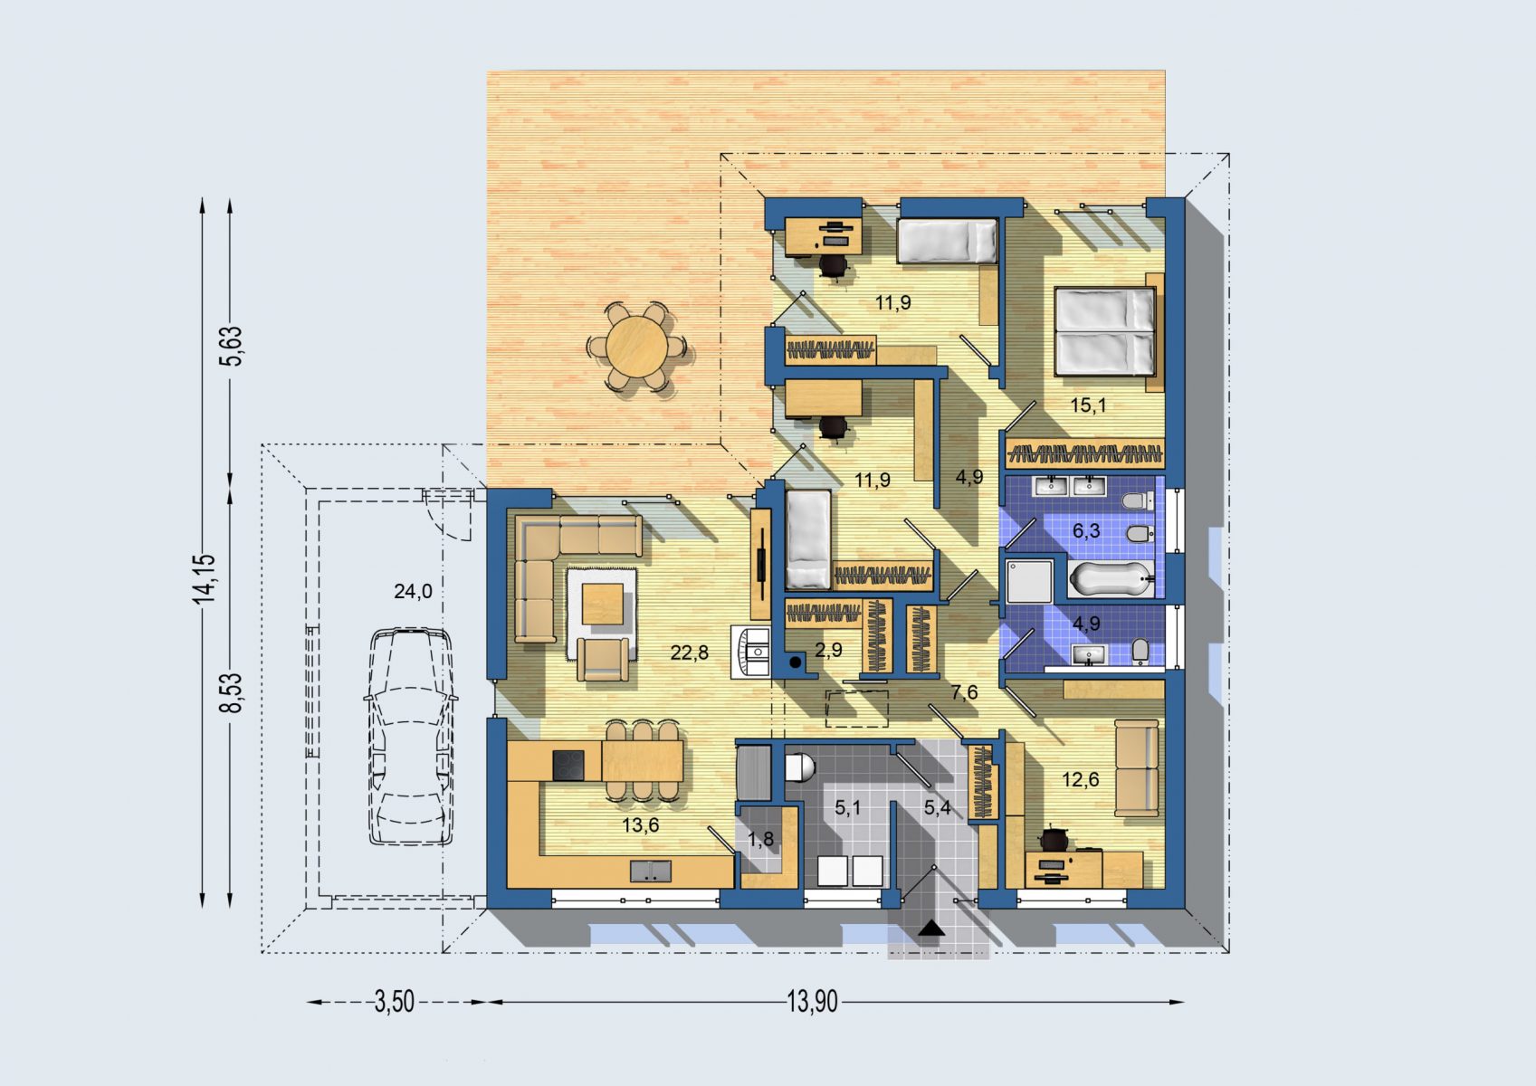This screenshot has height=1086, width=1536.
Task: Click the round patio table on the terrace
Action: [x=636, y=347]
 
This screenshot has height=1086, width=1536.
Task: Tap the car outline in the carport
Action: [x=410, y=737]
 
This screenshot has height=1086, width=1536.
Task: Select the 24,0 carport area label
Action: [x=413, y=591]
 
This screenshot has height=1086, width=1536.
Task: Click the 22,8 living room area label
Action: [x=689, y=653]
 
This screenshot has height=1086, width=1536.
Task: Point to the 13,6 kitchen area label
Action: [x=641, y=824]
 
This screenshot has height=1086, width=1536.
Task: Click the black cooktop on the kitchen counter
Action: [x=568, y=765]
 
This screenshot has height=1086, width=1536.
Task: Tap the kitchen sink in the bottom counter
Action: [x=651, y=872]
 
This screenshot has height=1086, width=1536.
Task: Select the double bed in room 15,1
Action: [x=1104, y=332]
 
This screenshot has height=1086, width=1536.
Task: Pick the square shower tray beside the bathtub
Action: [x=1028, y=581]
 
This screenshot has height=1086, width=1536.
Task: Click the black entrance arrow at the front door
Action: [x=931, y=929]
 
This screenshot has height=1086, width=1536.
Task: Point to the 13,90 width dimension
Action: [x=812, y=1003]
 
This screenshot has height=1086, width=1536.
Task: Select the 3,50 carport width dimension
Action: [x=395, y=1003]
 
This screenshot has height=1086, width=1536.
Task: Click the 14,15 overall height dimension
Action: [x=204, y=579]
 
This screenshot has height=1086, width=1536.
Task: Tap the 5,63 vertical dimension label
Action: [x=231, y=347]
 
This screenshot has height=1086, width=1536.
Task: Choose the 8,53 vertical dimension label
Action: [x=231, y=692]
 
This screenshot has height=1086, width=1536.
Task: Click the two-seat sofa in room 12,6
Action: [x=1136, y=767]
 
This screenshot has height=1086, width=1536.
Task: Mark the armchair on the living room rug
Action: [x=603, y=660]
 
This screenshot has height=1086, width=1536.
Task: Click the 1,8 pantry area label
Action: [x=760, y=839]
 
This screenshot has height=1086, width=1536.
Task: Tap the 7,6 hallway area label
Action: [x=964, y=692]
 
